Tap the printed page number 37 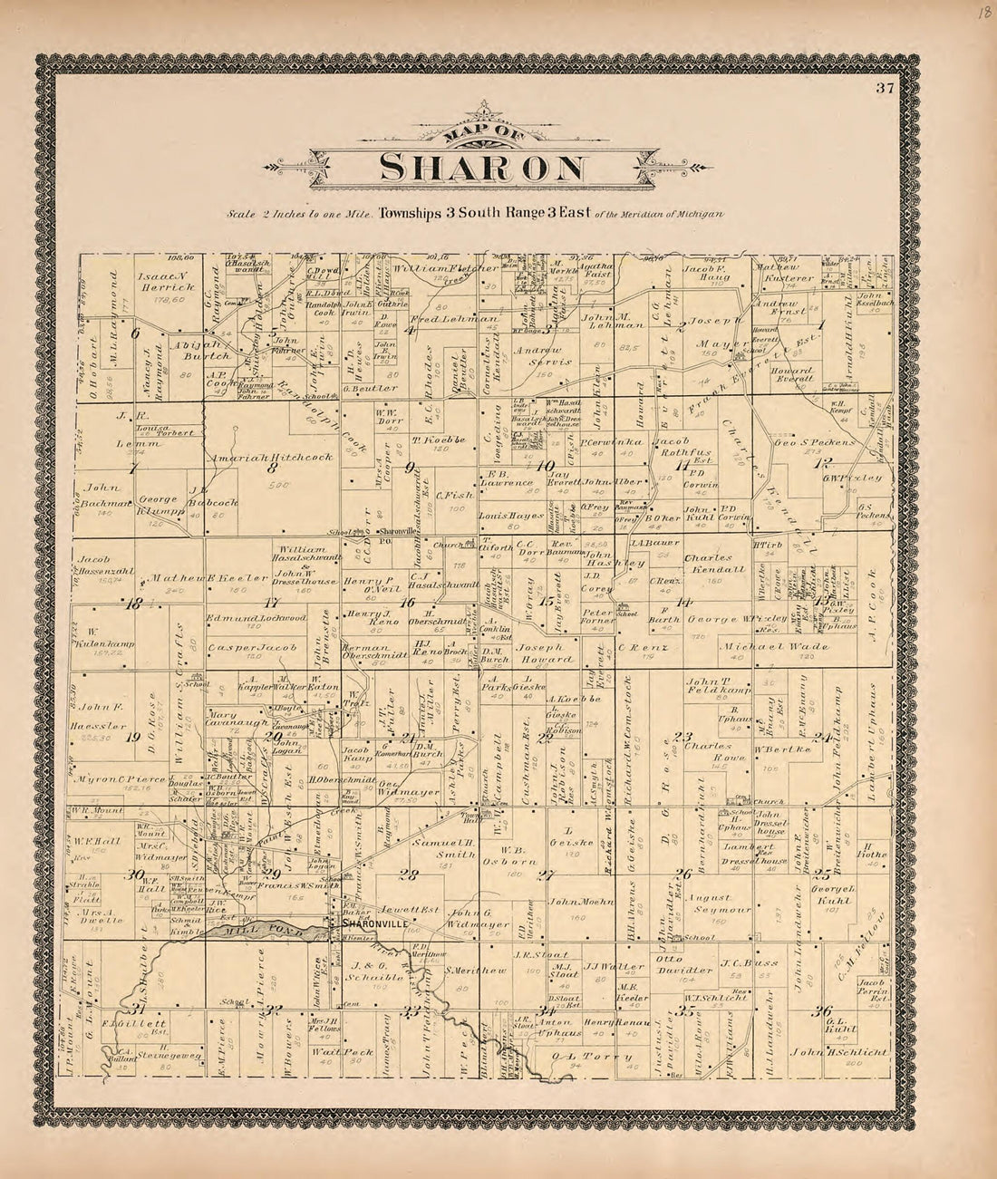coord(886,88)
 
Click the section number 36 coord(823,1012)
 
